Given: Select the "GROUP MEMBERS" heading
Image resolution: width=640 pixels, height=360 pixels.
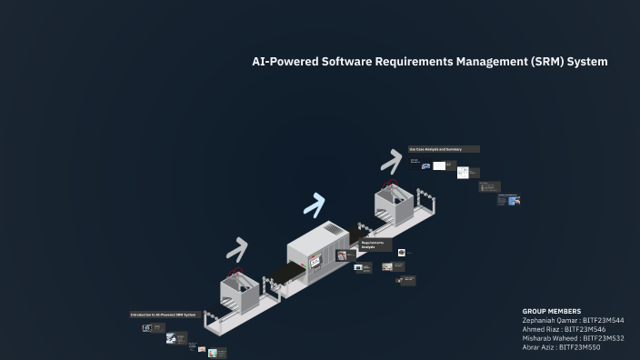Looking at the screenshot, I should coord(552,311).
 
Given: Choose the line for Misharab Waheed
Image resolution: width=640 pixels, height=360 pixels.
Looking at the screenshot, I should coord(573,338).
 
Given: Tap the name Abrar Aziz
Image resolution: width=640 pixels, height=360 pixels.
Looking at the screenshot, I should coord(539,347).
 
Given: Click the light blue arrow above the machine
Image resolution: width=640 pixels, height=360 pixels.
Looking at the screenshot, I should coord(315,205).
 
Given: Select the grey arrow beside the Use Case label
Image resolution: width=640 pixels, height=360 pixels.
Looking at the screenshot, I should coord(391,162).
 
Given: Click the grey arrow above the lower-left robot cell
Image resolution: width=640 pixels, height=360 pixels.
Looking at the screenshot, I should coord(237,249).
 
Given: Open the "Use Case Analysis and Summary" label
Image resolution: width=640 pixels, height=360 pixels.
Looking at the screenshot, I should coord(443,149).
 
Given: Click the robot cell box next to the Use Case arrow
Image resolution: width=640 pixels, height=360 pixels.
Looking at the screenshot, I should coord(394,206).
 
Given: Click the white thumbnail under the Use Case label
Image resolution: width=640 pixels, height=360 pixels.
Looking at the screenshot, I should coord(439,165).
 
